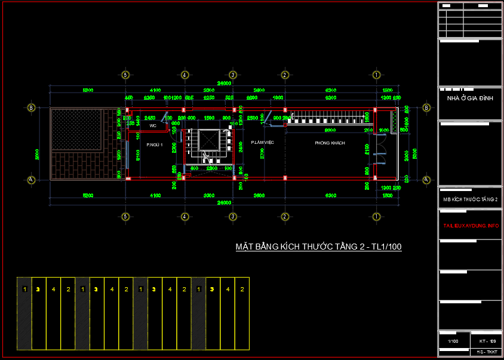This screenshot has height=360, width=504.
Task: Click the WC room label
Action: point(153,126)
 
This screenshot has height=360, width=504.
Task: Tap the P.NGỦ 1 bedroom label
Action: point(155,144)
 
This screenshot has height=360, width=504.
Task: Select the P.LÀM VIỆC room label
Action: point(262,143)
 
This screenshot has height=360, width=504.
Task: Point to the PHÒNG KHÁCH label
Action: point(330,143)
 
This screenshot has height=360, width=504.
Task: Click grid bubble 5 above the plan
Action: point(125,75)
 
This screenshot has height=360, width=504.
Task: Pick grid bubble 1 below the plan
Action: point(376,216)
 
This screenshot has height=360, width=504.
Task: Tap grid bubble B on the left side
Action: point(31,108)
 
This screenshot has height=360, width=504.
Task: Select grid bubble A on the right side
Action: point(426,179)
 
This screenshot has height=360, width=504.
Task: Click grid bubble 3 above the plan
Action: point(233,75)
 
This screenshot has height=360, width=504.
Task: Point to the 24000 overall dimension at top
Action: point(225,84)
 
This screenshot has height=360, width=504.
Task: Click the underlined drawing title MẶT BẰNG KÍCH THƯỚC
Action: point(318,247)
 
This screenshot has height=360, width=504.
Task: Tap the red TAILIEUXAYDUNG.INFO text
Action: point(471,226)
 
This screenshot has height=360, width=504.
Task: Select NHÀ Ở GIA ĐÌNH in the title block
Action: point(470,98)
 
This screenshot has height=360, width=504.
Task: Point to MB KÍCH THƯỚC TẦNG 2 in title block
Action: point(470,199)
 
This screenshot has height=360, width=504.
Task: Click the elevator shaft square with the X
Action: point(210,140)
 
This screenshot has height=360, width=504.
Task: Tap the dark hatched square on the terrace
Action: point(78,130)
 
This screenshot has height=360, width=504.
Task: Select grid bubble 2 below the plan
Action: point(285,216)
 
